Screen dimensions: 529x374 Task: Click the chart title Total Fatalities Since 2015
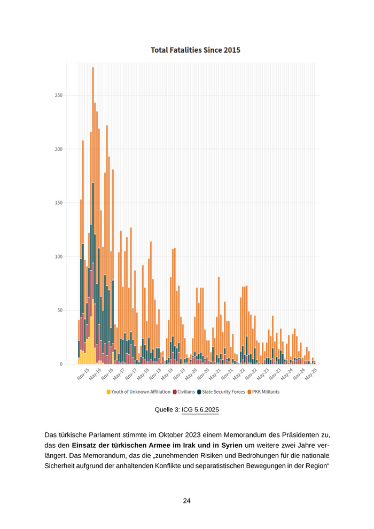click(195, 50)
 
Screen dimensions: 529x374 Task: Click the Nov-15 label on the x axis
click(83, 374)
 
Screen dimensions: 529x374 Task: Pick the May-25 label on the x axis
click(311, 374)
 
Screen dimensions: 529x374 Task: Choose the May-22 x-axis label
click(239, 374)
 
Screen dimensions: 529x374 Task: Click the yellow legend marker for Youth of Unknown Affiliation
click(108, 392)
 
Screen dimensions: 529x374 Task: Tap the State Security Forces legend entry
click(223, 392)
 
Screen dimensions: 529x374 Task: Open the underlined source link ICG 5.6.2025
click(200, 410)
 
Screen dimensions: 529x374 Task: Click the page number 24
click(187, 501)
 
